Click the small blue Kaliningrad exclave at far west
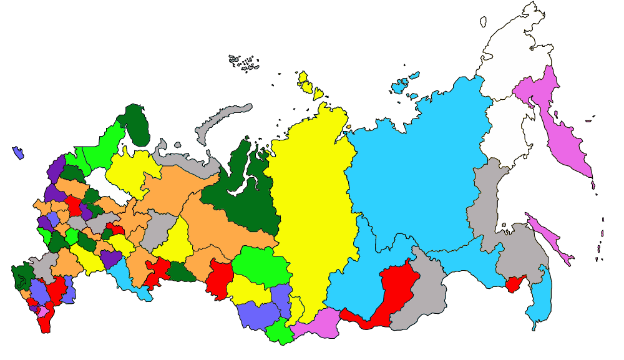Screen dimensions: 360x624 (x=18, y=152)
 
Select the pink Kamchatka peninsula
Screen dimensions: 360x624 (x=565, y=131)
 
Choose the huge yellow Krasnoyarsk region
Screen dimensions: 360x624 (x=312, y=200)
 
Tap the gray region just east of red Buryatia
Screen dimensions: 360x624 (x=424, y=293)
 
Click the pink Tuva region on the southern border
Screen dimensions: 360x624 (x=315, y=323)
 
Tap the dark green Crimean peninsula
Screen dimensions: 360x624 (x=24, y=275)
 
